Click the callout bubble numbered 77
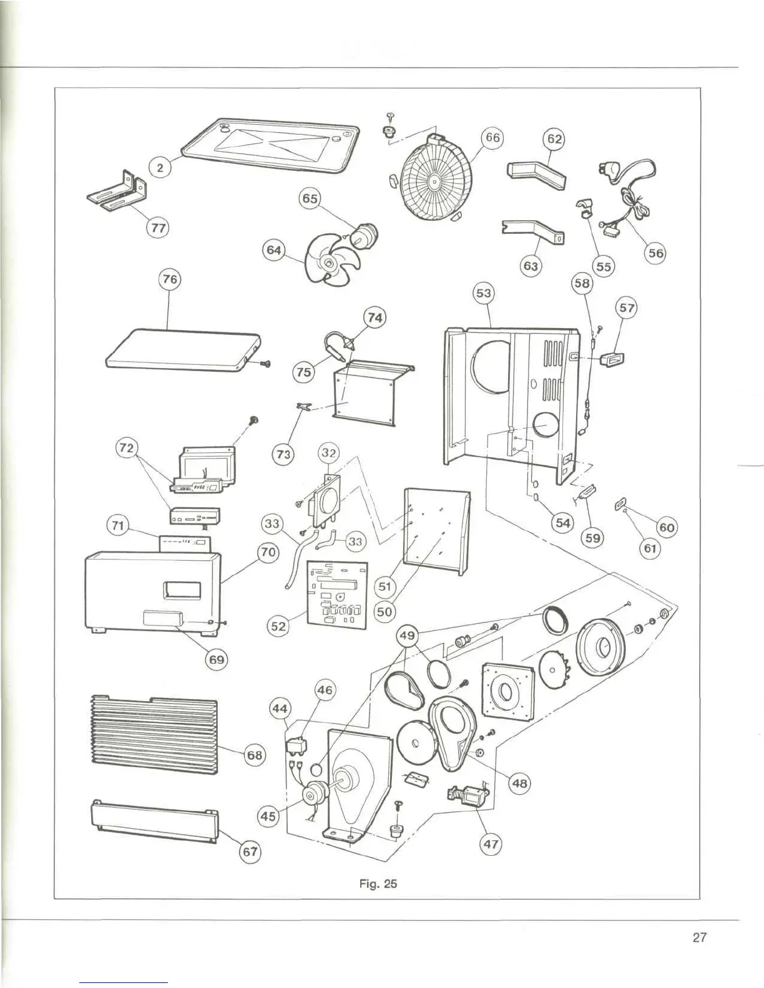tap(159, 228)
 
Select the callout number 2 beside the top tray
tap(160, 168)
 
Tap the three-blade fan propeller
tap(326, 259)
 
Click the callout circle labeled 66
tap(492, 138)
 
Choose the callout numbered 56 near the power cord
tap(655, 253)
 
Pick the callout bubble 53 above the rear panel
tap(484, 293)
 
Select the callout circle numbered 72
tap(127, 448)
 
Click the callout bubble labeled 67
tap(250, 852)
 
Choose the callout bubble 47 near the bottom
tap(491, 845)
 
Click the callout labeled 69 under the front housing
tap(217, 659)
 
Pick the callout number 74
tap(375, 318)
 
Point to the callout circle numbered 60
tap(667, 528)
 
